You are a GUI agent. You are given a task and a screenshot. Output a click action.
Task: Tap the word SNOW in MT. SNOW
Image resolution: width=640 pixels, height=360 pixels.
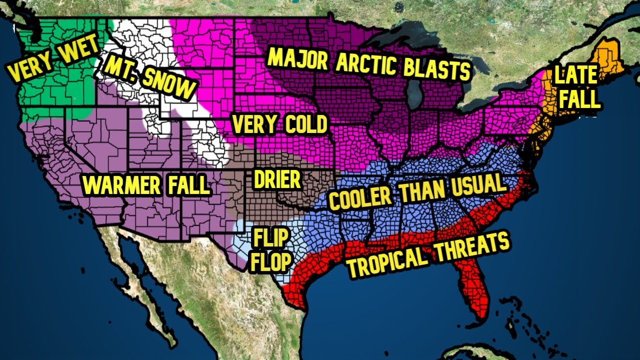167,83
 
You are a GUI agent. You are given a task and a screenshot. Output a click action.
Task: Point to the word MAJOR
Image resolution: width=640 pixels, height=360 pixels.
297,58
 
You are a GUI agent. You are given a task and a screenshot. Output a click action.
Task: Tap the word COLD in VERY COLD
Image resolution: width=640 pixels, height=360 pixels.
306,125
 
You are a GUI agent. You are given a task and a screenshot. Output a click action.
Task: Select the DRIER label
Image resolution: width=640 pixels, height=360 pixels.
277,179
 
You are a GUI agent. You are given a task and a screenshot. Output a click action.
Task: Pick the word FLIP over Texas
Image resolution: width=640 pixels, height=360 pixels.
270,238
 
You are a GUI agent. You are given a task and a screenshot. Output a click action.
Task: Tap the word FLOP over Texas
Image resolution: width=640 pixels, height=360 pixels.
270,262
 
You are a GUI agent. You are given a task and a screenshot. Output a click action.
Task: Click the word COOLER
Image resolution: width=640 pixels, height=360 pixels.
360,198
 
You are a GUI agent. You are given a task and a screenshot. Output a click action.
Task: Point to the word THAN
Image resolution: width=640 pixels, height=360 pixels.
420,192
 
